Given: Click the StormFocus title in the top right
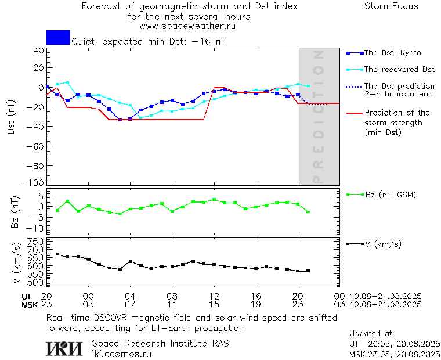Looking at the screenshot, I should point(391,6).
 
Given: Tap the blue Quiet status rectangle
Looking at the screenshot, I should point(58,37).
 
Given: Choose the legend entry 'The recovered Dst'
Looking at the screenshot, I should point(399,69).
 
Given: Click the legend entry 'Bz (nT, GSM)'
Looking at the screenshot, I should point(390,195).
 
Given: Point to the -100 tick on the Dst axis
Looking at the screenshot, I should point(37,182).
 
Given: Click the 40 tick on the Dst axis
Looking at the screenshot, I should point(39,51).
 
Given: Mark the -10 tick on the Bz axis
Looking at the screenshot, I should point(37,228).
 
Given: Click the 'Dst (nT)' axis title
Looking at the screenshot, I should point(11,117).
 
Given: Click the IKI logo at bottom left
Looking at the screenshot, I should point(64,348).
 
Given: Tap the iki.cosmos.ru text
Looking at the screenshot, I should point(121,354).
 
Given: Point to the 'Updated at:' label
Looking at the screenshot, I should point(372,334).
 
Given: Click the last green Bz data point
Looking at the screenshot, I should point(308,212).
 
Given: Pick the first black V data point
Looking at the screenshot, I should point(57,254).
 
